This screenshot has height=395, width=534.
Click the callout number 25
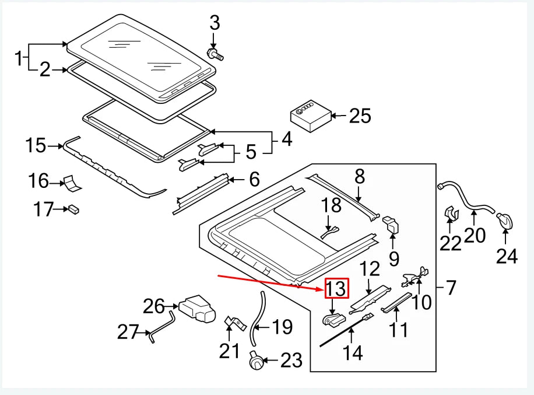coord(360,116)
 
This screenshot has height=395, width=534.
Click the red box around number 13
coord(337,289)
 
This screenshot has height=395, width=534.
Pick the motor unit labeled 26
coord(195,308)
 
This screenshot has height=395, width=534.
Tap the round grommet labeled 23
coord(255,362)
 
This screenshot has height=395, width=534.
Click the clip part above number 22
coord(450,214)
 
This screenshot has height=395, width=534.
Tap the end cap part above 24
coord(505,221)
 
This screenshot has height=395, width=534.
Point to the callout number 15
coord(36,145)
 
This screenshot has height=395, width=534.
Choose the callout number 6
coord(254,179)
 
